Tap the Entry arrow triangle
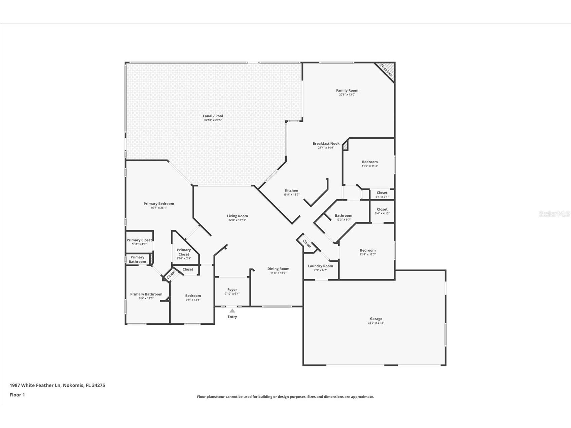click(232, 311)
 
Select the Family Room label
click(347, 91)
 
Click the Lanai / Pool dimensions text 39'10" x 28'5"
click(213, 120)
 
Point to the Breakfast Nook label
click(326, 144)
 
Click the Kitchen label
click(291, 190)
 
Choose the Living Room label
click(237, 216)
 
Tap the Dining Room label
click(278, 269)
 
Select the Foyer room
click(232, 291)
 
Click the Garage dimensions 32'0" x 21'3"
click(376, 323)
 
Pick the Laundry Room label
click(320, 266)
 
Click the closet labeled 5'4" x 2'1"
click(382, 194)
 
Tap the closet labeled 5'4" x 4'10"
click(382, 211)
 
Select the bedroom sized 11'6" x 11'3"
click(370, 164)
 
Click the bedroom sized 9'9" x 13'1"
click(193, 297)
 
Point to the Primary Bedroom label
click(159, 204)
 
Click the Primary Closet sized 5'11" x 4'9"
click(139, 242)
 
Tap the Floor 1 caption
click(17, 395)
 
